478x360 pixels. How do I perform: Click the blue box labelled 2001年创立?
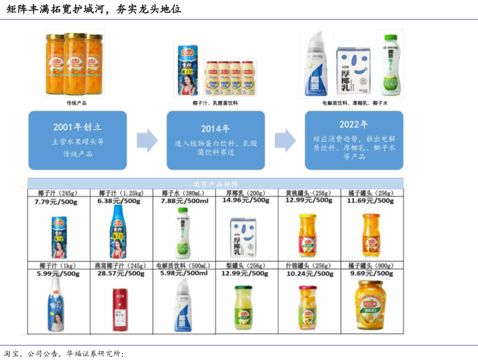[77, 140]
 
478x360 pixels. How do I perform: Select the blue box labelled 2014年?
[216, 140]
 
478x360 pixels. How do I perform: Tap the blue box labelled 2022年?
[353, 140]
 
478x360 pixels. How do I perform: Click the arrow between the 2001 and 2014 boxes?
[147, 140]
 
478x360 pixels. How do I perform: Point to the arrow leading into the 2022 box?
[285, 140]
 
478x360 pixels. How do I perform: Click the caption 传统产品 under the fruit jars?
[77, 103]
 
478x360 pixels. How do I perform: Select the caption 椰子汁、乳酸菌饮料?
[215, 103]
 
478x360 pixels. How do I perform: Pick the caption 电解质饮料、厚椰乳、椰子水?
[355, 103]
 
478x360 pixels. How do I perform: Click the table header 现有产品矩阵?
[216, 184]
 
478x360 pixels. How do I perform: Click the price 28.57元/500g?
[121, 273]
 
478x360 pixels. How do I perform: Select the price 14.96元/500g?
[246, 200]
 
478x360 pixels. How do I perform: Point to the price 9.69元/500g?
[370, 273]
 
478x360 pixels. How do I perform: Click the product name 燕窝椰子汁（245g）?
[121, 266]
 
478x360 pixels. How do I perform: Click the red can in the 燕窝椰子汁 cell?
[119, 304]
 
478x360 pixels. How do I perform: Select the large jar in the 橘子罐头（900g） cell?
[370, 306]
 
